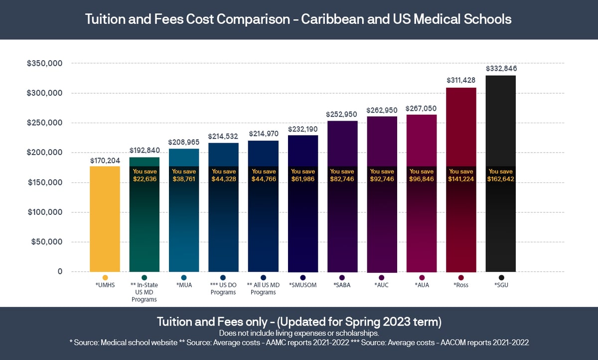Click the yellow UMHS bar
[105, 219]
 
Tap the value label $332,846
[501, 68]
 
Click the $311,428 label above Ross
[461, 80]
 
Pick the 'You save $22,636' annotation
[145, 176]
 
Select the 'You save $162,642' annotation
[501, 176]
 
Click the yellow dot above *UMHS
[105, 278]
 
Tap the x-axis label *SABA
[342, 286]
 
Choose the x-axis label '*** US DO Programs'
[223, 289]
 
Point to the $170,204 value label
[105, 161]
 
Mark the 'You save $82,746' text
[342, 176]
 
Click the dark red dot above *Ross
[461, 278]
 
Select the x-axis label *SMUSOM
[303, 286]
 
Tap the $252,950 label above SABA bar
[342, 114]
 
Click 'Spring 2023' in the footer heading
[365, 321]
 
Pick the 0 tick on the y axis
[60, 272]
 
